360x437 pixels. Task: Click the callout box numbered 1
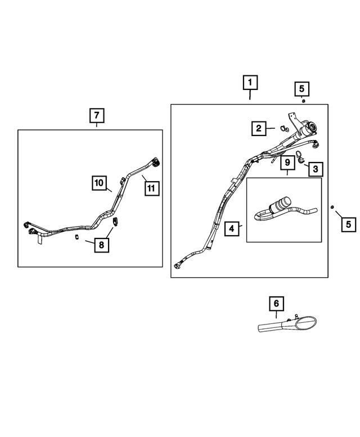pyautogui.click(x=250, y=83)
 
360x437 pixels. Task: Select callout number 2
pyautogui.click(x=259, y=129)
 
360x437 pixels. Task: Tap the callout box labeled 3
pyautogui.click(x=314, y=168)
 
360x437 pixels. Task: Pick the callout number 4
pyautogui.click(x=231, y=228)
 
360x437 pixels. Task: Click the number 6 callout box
pyautogui.click(x=276, y=304)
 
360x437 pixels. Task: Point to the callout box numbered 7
pyautogui.click(x=97, y=116)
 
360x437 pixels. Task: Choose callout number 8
pyautogui.click(x=102, y=245)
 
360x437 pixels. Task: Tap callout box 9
pyautogui.click(x=287, y=163)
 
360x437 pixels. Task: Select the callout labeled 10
pyautogui.click(x=100, y=182)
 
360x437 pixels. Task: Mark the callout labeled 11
pyautogui.click(x=151, y=188)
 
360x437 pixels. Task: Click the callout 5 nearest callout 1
pyautogui.click(x=301, y=89)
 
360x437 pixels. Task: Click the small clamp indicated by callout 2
pyautogui.click(x=284, y=130)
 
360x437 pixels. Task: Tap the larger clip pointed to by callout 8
pyautogui.click(x=116, y=223)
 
